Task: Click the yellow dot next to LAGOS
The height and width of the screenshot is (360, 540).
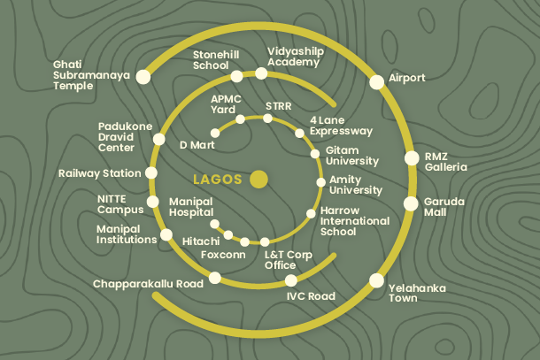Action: pos(258,179)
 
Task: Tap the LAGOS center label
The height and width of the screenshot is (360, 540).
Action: pos(217,179)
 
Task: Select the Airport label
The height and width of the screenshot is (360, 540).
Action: pos(406,78)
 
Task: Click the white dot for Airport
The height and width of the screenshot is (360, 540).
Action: pos(376,81)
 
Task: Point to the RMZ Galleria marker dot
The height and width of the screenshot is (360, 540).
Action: pos(411,158)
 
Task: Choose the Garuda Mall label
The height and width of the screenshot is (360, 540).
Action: pos(444,208)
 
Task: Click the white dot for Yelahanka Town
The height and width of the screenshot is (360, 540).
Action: pos(376,280)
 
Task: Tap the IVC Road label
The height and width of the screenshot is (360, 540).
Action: pos(311,296)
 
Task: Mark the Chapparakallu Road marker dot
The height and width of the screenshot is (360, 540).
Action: pos(214,280)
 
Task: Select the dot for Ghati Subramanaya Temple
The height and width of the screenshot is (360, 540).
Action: pos(143,77)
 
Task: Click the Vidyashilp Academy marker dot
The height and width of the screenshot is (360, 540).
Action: pos(261,73)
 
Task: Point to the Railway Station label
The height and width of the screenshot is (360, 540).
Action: pos(98,173)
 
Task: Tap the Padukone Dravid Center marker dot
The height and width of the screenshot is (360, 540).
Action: pos(158,140)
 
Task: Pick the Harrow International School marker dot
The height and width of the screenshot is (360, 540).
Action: pos(311,213)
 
